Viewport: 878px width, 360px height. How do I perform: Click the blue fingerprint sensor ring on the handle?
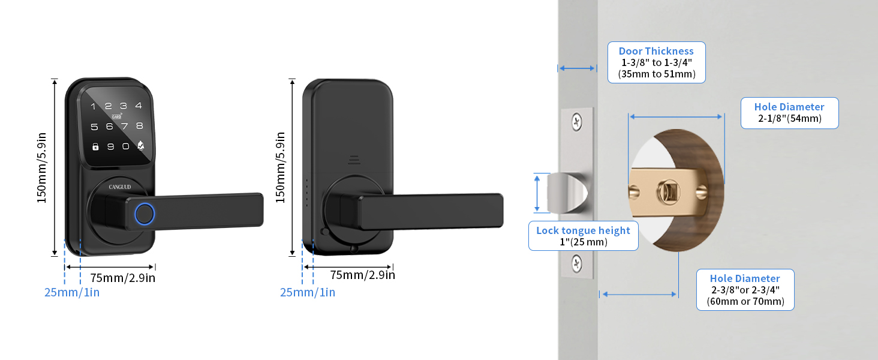point(145,214)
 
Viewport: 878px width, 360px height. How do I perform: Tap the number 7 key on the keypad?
point(125,126)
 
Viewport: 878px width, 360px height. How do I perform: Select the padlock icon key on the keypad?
point(95,146)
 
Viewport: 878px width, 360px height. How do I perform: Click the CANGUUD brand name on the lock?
point(120,187)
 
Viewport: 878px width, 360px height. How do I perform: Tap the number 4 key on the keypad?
point(139,106)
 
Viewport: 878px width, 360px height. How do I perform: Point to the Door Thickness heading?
point(656,51)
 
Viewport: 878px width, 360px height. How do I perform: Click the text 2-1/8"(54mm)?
point(789,118)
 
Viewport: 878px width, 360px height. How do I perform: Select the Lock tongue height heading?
point(583,230)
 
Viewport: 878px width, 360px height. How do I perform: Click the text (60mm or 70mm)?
point(745,301)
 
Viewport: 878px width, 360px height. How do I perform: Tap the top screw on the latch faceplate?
point(576,122)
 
